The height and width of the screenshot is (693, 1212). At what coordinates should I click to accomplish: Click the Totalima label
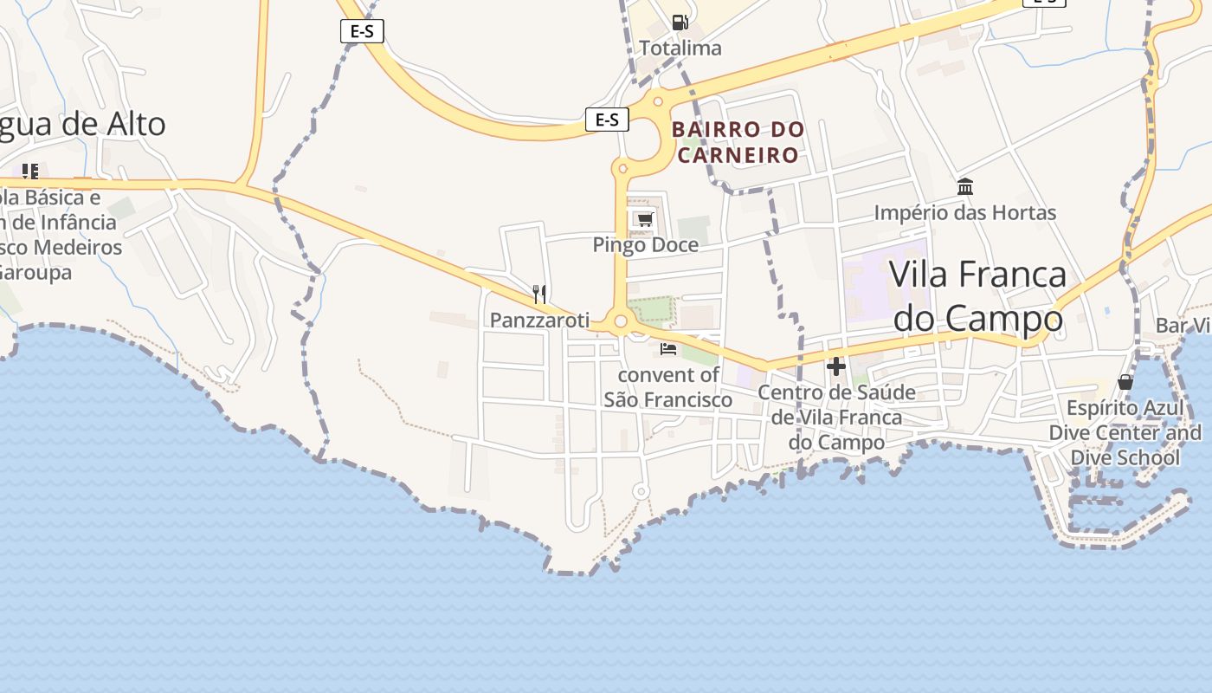(680, 49)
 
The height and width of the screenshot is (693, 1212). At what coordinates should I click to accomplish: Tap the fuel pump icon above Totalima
(680, 23)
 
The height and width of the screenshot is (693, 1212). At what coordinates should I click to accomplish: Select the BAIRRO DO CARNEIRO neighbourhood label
(738, 142)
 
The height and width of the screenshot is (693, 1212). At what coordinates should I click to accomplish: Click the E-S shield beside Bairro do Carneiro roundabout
(607, 120)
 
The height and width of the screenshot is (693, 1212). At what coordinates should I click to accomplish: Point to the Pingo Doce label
(645, 245)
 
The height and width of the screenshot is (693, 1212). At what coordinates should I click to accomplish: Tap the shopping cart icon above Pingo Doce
(644, 219)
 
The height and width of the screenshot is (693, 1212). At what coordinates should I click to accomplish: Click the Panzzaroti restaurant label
(539, 320)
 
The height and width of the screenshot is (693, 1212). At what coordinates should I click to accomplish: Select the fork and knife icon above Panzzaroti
(539, 295)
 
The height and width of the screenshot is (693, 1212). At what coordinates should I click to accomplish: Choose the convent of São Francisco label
(667, 387)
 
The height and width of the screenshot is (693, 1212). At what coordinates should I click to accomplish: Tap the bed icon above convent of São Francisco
(667, 349)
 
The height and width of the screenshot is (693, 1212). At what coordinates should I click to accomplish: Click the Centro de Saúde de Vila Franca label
(836, 418)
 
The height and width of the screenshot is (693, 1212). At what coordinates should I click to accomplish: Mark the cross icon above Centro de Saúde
(835, 366)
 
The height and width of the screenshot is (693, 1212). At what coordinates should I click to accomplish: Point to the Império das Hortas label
(964, 212)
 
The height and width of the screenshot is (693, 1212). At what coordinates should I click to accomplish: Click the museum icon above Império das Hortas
(965, 187)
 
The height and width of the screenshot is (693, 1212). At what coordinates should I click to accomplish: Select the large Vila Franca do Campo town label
(978, 296)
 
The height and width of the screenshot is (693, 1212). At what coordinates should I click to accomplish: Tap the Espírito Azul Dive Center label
(1125, 432)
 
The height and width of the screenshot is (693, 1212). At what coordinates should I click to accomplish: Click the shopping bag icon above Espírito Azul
(1125, 382)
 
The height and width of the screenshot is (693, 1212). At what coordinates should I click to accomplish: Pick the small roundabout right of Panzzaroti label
(620, 322)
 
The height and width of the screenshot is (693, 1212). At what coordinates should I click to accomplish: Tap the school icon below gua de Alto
(30, 172)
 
